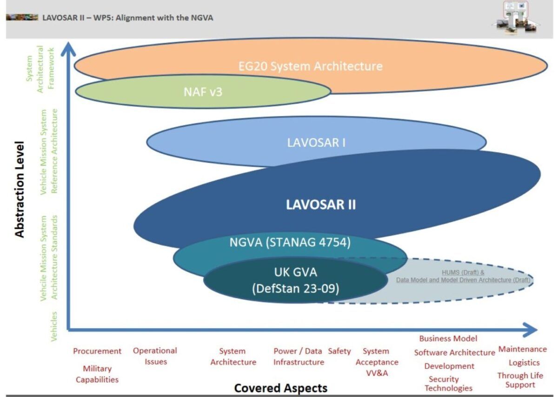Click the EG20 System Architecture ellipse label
310,66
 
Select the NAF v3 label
203,92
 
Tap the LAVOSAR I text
316,142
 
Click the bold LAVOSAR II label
321,205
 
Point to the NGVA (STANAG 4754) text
290,242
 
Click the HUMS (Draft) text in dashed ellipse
462,273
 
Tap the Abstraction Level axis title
20,195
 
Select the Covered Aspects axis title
280,388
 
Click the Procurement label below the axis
97,351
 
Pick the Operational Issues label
155,356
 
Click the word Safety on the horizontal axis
339,351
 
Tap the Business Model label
448,338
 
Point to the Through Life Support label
520,380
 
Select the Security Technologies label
448,384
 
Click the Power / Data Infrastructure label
298,357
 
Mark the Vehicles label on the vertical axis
54,326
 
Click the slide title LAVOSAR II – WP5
128,18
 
